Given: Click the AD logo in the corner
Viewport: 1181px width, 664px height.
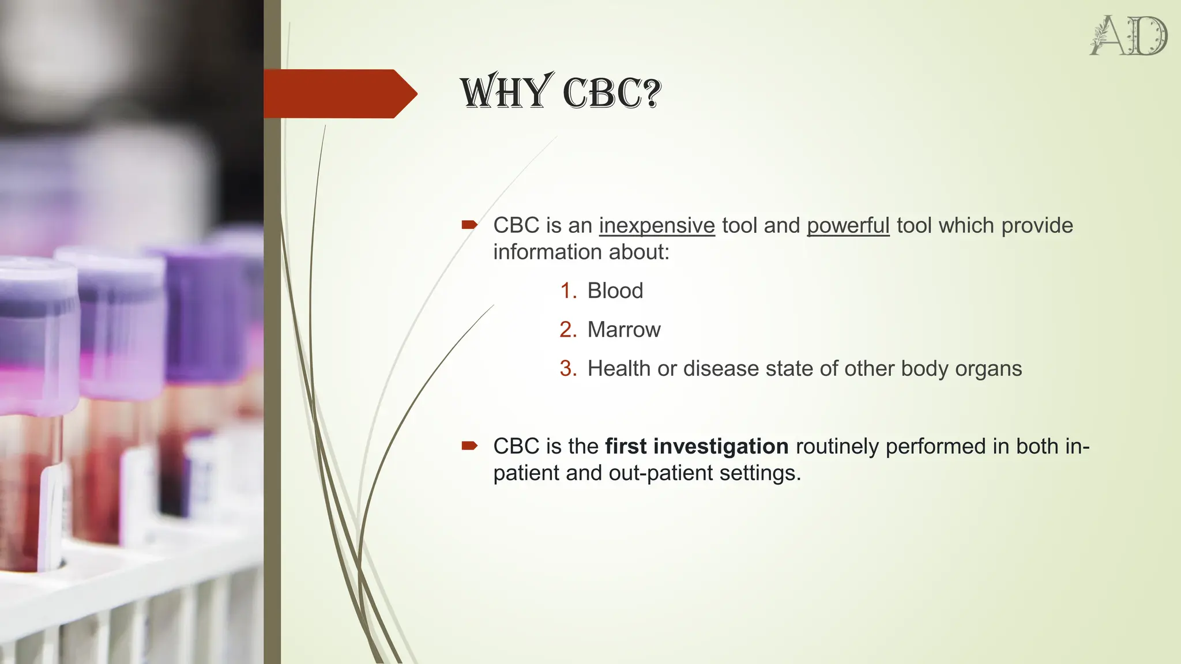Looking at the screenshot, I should tap(1129, 36).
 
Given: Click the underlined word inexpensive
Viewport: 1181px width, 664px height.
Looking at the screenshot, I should tap(657, 225).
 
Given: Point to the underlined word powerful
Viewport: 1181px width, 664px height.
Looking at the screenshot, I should tap(848, 225).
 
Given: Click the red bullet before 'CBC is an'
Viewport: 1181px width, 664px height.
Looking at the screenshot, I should tap(469, 225).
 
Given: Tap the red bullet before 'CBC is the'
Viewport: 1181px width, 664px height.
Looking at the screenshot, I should tap(469, 446).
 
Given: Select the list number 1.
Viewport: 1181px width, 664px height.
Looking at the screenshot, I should tap(568, 290).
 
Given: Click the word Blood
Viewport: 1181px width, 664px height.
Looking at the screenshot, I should tap(615, 290).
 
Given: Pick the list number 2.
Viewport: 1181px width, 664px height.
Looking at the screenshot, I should tap(568, 330).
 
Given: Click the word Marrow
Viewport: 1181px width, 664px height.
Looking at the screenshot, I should tap(624, 330).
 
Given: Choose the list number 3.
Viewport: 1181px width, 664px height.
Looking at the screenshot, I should tap(568, 368).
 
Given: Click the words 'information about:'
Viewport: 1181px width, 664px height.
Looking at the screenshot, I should tap(581, 252).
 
